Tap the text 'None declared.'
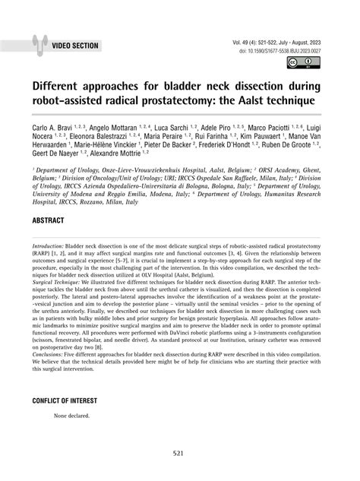point(71,416)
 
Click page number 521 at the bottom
point(179,454)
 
